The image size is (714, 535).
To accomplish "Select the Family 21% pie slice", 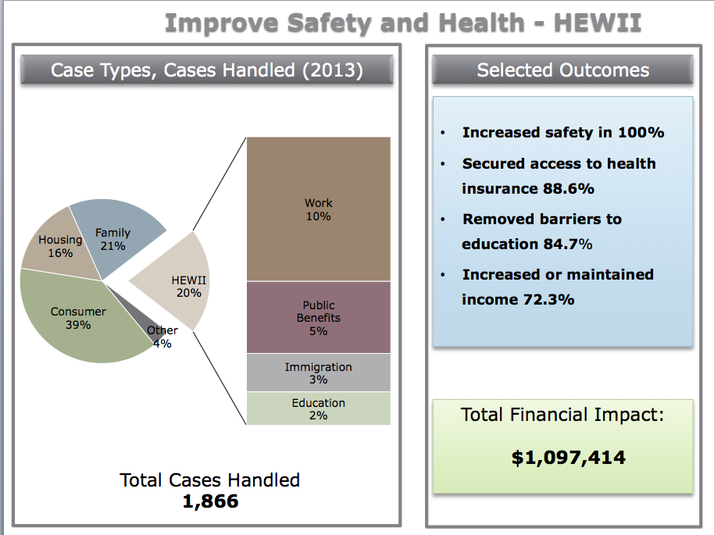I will [x=117, y=234].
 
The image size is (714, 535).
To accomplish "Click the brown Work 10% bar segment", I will [x=318, y=209].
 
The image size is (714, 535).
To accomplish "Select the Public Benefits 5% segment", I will [x=318, y=317].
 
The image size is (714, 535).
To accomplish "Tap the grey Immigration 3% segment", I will [x=318, y=373].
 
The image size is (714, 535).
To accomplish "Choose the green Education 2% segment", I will [x=318, y=408].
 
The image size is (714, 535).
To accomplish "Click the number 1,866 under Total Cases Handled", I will [x=210, y=501].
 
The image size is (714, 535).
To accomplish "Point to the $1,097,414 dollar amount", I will [x=568, y=458].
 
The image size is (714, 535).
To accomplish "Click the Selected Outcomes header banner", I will [x=562, y=70].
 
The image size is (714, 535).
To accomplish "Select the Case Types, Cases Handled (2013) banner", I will [x=206, y=70].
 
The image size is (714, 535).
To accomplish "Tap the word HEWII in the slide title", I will [x=597, y=23].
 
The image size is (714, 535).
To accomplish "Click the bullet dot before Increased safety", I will [x=444, y=134].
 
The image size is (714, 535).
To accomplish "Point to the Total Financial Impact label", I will [x=562, y=415].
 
